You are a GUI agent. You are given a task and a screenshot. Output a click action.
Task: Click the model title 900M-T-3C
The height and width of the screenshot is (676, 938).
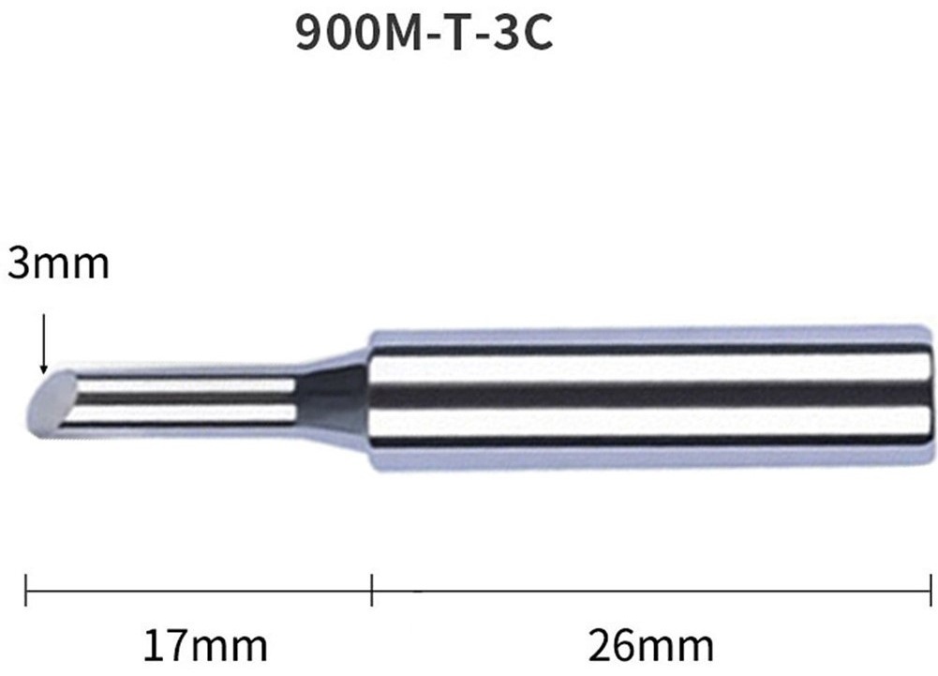pyautogui.click(x=424, y=33)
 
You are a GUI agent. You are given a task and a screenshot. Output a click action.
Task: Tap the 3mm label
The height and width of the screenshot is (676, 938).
pyautogui.click(x=58, y=263)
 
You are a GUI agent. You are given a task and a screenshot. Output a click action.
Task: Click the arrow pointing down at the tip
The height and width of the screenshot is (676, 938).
pyautogui.click(x=43, y=343)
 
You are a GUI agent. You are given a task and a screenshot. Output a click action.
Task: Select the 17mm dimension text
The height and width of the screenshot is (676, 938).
pyautogui.click(x=205, y=645)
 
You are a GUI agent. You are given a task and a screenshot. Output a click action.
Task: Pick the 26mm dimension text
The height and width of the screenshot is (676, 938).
pyautogui.click(x=651, y=645)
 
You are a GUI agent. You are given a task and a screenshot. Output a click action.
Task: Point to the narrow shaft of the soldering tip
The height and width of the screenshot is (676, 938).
pyautogui.click(x=180, y=397)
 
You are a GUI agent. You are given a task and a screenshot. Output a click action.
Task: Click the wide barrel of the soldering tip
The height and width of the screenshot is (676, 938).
pyautogui.click(x=651, y=398)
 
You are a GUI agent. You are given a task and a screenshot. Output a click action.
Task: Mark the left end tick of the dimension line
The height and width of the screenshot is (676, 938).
pyautogui.click(x=25, y=591)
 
